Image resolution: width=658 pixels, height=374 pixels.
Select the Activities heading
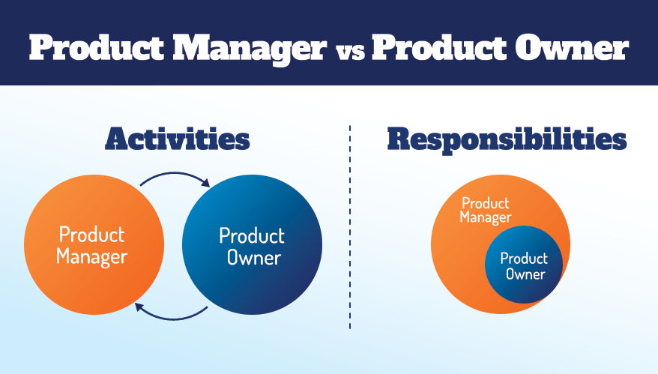pyautogui.click(x=177, y=140)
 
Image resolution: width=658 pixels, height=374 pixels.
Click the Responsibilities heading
pyautogui.click(x=507, y=140)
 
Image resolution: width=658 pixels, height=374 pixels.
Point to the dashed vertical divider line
pyautogui.click(x=350, y=225)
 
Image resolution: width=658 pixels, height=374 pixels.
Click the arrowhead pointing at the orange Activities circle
pyautogui.click(x=139, y=305)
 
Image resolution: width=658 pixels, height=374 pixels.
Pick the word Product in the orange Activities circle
pyautogui.click(x=91, y=235)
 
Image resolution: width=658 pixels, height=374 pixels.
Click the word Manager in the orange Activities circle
pyautogui.click(x=91, y=258)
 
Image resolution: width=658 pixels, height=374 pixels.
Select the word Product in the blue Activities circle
pyautogui.click(x=252, y=235)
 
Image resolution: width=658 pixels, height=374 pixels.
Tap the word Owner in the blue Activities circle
pyautogui.click(x=252, y=259)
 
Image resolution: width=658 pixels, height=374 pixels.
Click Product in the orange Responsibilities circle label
pyautogui.click(x=485, y=203)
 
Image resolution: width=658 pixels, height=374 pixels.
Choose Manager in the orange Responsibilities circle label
pyautogui.click(x=486, y=217)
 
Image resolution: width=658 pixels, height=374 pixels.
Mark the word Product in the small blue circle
pyautogui.click(x=524, y=259)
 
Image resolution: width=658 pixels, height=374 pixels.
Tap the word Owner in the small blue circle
pyautogui.click(x=525, y=274)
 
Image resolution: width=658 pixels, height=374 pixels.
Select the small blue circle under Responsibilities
pyautogui.click(x=524, y=289)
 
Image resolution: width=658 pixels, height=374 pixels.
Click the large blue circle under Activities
pyautogui.click(x=252, y=292)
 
